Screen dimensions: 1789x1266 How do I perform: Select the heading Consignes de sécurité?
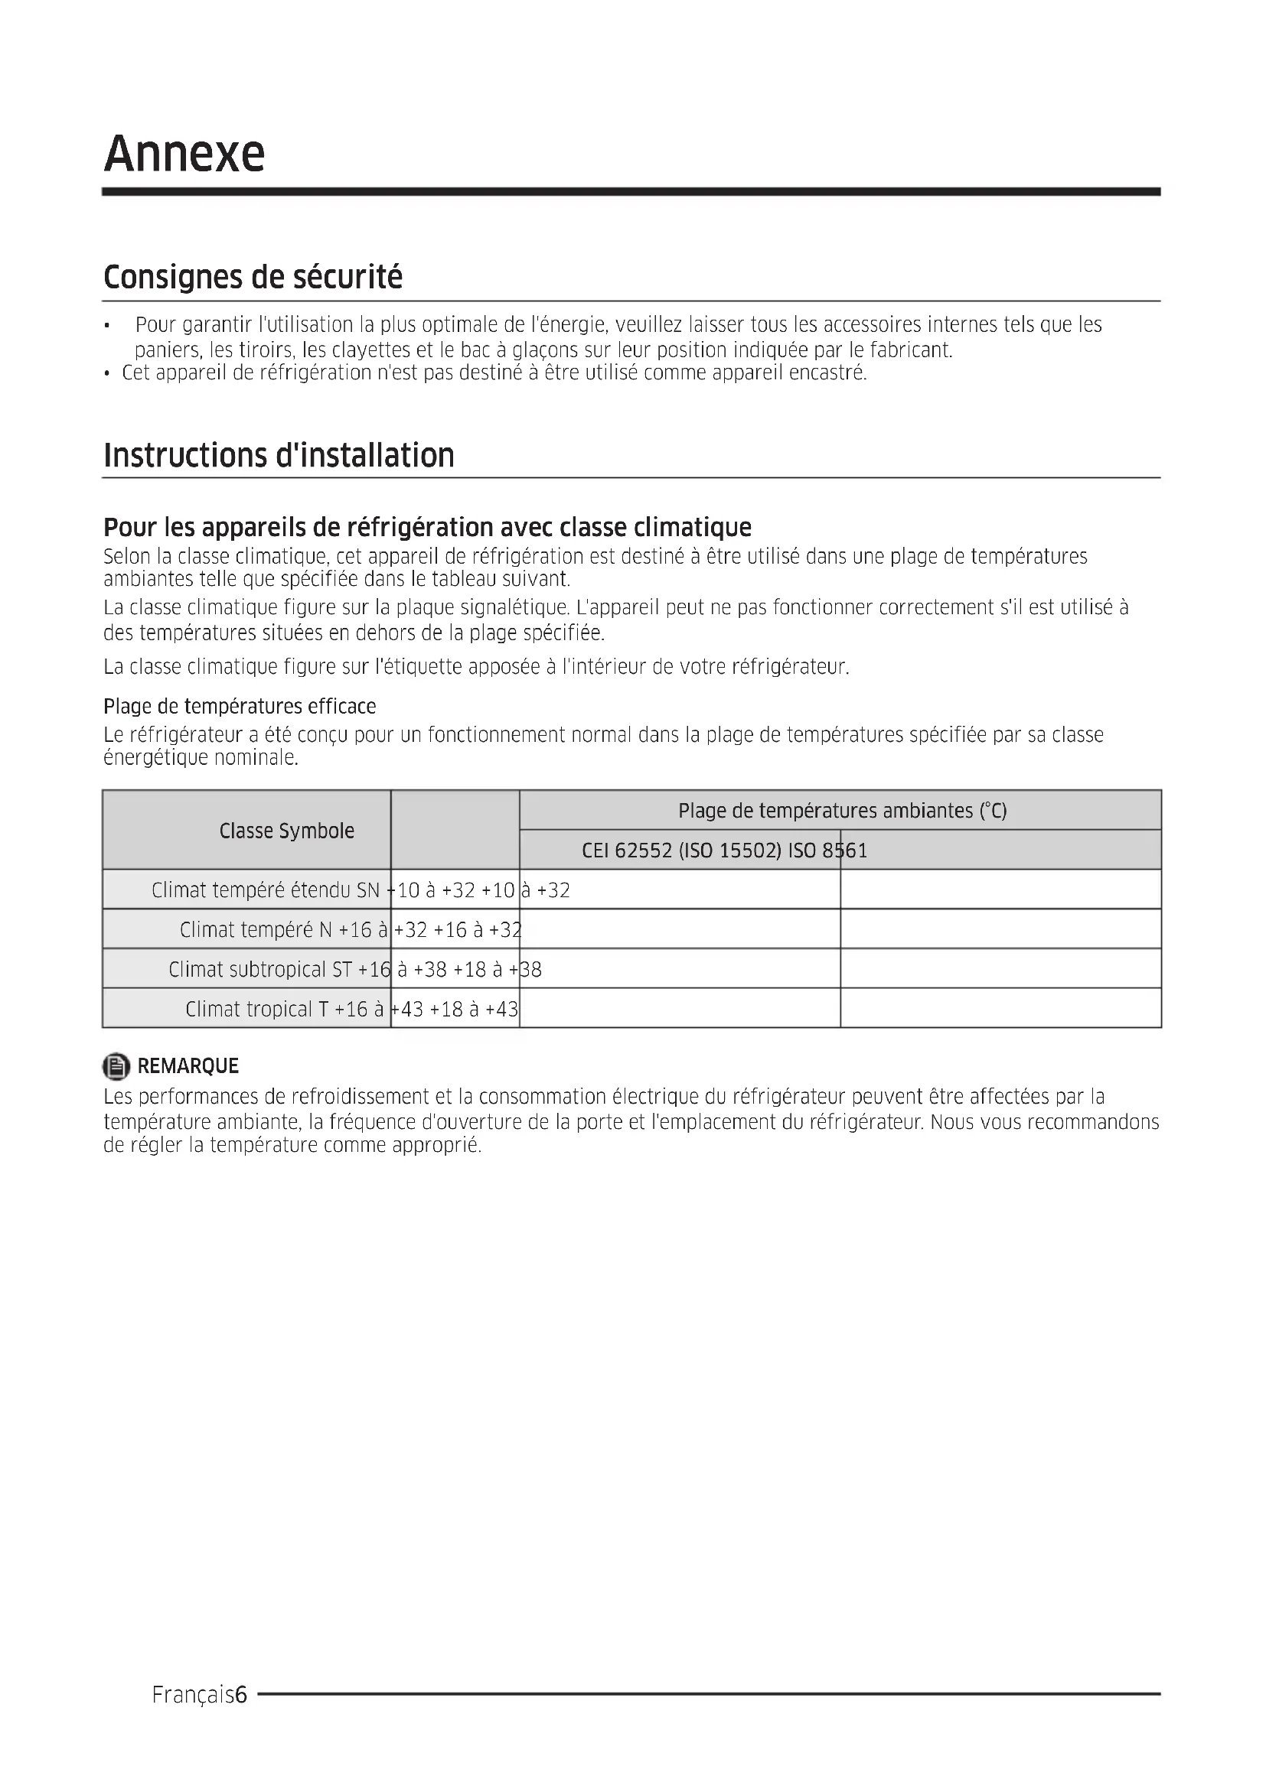tap(253, 278)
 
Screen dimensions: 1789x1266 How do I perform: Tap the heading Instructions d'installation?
tap(279, 456)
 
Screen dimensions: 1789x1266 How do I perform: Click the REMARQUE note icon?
tap(116, 1066)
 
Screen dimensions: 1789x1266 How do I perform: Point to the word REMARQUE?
tap(188, 1066)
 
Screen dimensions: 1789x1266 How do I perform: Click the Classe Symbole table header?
tap(286, 831)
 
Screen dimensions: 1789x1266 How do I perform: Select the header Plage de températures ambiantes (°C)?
tap(842, 811)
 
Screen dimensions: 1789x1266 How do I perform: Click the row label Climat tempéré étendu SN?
tap(265, 890)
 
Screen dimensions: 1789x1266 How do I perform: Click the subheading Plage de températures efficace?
tap(240, 707)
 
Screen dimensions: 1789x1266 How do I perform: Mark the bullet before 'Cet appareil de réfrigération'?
tap(107, 374)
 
